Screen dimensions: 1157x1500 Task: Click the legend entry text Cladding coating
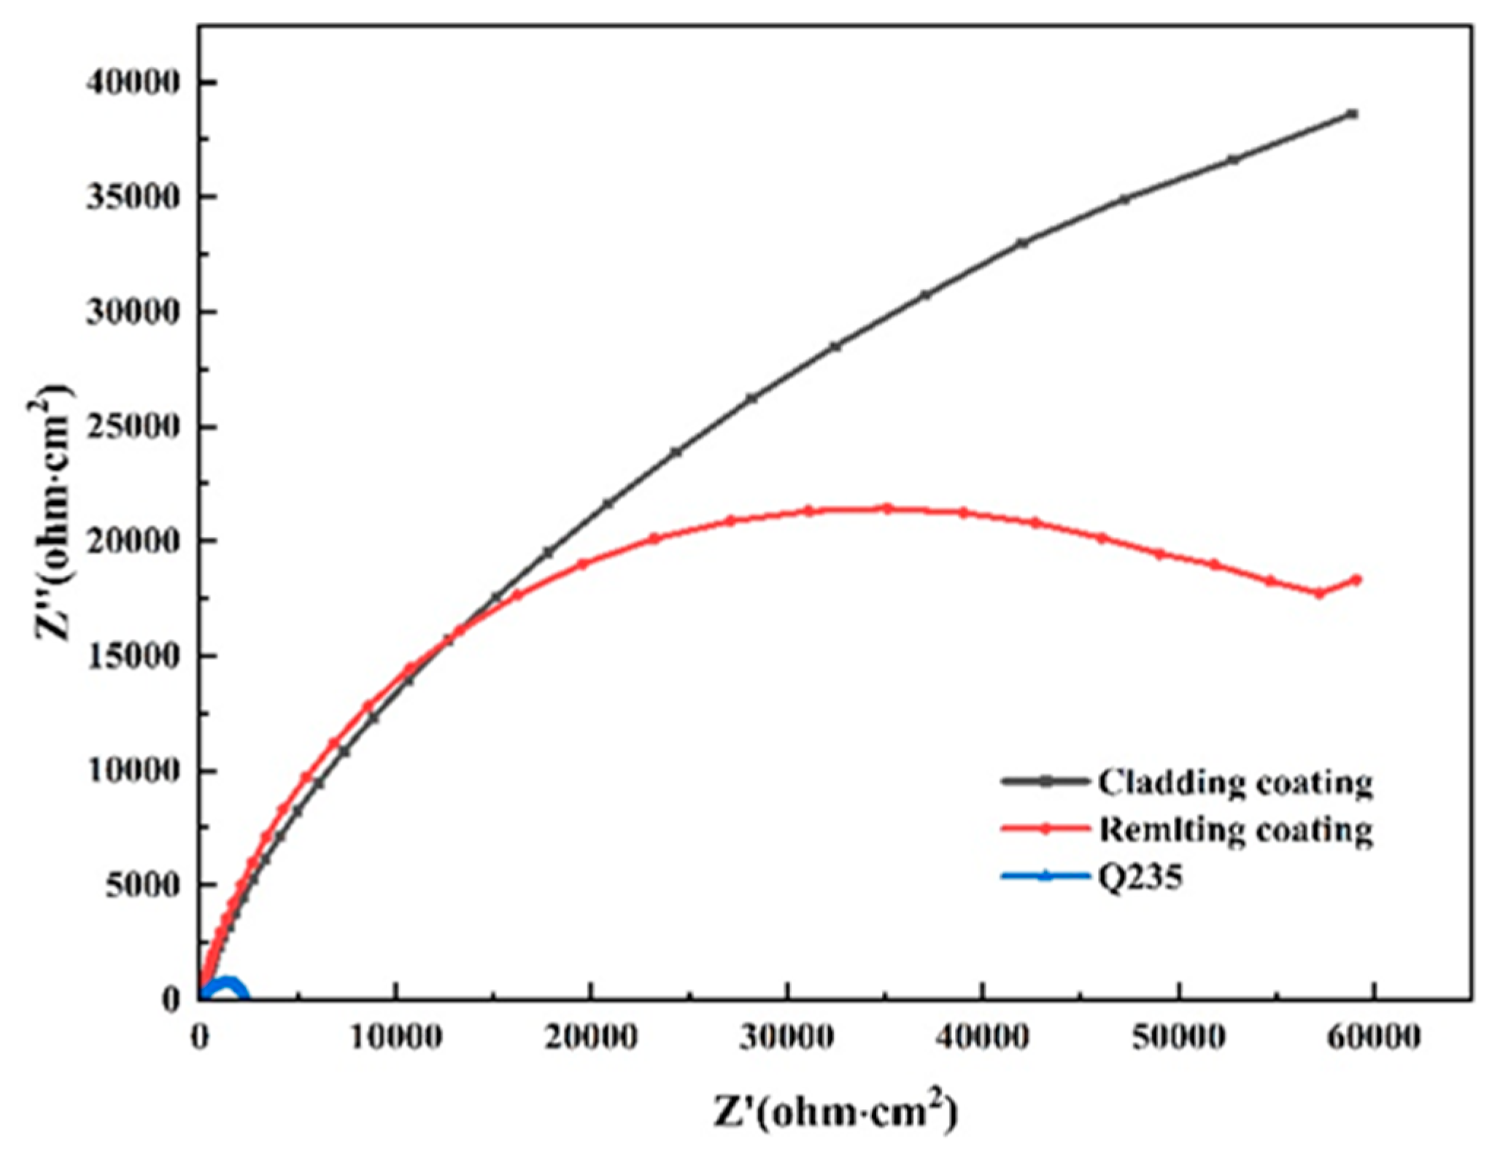[1234, 782]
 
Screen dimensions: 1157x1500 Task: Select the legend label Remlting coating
[1235, 829]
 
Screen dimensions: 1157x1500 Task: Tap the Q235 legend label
[1140, 876]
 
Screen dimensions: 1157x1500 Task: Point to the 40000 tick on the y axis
[132, 82]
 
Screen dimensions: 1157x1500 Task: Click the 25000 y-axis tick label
[132, 427]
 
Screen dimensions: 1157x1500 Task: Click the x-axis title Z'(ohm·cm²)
[835, 1112]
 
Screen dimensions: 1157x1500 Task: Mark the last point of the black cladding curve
[1353, 114]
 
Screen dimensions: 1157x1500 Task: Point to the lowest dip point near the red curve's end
[1320, 593]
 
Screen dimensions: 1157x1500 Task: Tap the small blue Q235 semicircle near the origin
[228, 986]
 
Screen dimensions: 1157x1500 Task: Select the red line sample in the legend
[1045, 829]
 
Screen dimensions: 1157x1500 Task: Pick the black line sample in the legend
[1045, 781]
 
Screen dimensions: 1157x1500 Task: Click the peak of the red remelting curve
[888, 508]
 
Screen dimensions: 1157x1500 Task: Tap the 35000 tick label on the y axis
[132, 197]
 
